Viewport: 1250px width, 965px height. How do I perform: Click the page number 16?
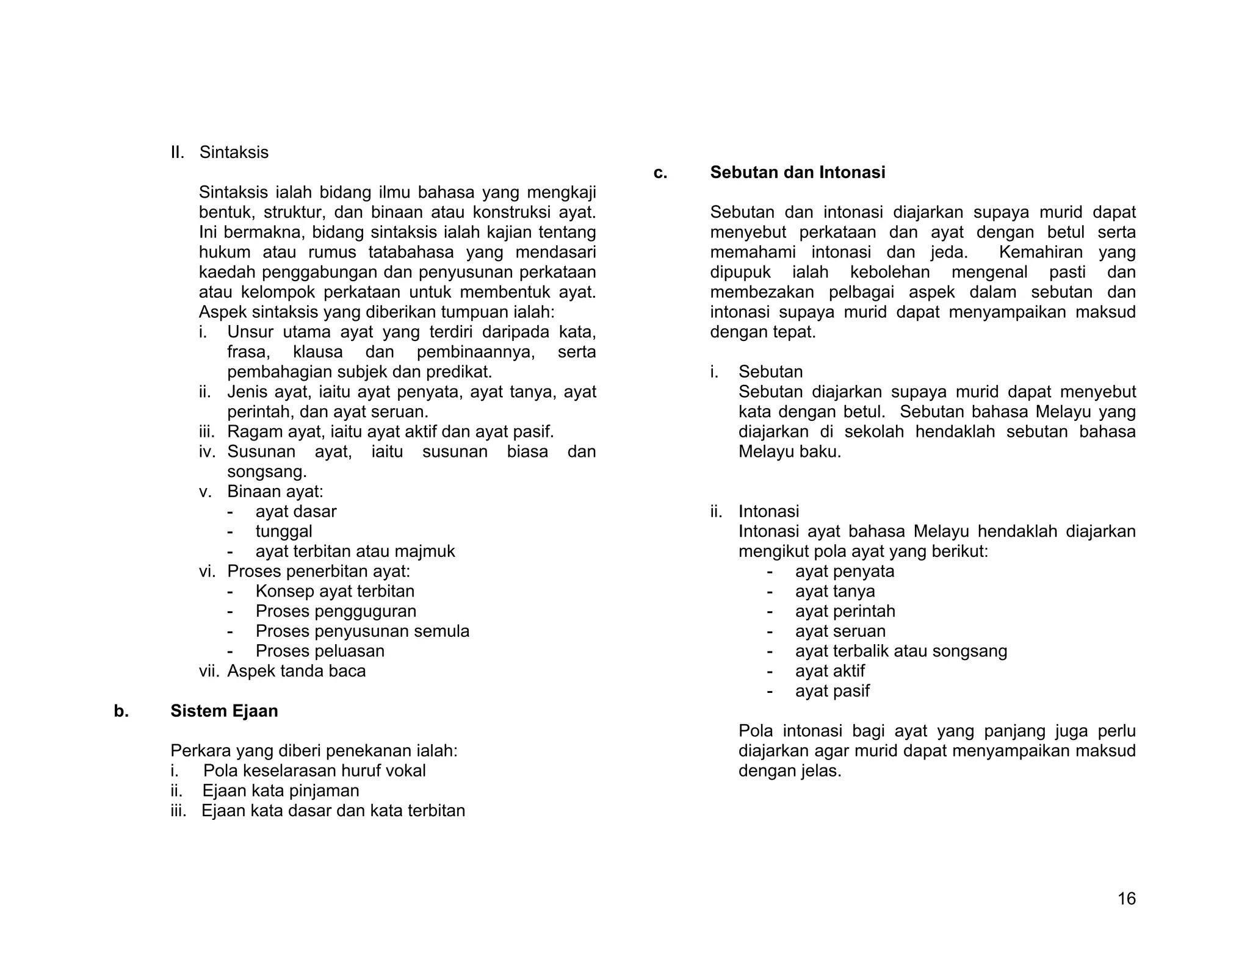coord(1126,899)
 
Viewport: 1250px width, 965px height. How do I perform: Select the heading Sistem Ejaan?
coord(224,711)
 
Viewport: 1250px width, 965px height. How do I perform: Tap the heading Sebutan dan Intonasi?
coord(797,173)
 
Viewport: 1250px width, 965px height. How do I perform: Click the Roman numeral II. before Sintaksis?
coord(178,152)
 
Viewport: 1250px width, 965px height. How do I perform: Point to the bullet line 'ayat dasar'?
coord(295,511)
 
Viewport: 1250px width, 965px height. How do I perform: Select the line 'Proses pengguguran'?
coord(336,611)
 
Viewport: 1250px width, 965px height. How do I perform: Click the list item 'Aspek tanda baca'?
coord(296,671)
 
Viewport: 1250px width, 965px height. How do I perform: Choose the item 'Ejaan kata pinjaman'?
coord(281,791)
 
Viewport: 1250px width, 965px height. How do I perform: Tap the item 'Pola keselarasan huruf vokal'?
coord(314,770)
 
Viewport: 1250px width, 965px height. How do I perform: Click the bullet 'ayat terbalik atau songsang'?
coord(900,651)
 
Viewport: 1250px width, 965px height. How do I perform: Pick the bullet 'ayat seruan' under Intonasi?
coord(840,631)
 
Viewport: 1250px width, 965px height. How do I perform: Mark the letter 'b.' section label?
coord(121,711)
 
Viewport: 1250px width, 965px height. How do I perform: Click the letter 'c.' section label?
coord(660,173)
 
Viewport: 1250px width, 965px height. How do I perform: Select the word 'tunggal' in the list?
coord(284,531)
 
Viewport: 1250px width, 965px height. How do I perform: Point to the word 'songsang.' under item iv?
coord(267,472)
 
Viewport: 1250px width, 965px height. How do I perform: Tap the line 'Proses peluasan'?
coord(320,651)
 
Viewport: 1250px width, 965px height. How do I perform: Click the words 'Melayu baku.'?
coord(789,452)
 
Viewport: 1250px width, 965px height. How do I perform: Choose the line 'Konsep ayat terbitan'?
coord(334,591)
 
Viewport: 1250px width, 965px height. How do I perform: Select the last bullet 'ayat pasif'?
coord(832,691)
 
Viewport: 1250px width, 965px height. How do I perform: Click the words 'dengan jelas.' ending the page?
coord(789,771)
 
